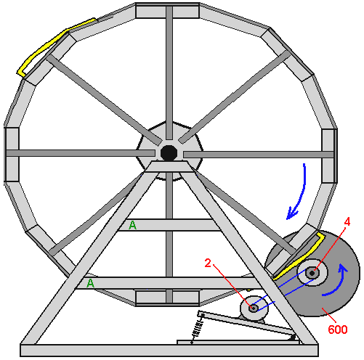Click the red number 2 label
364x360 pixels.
[x=208, y=263]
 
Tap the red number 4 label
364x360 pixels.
[x=347, y=221]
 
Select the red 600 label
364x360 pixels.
[x=338, y=330]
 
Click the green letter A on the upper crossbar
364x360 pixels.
[x=132, y=225]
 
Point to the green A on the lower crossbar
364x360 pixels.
[x=90, y=283]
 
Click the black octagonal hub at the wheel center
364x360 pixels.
[x=169, y=153]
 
